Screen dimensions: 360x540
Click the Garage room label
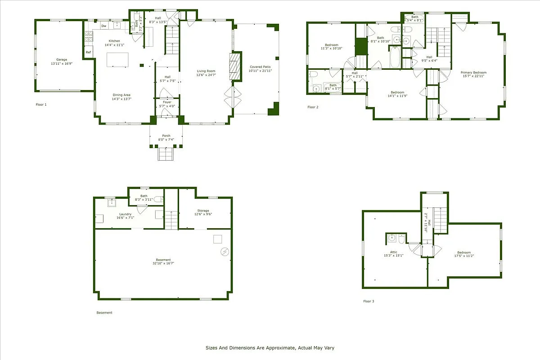pos(61,59)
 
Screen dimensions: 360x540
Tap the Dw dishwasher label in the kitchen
pos(103,26)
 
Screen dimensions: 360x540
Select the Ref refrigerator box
pos(88,53)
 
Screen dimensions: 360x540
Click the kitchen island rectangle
pos(117,60)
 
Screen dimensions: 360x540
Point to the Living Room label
pos(206,71)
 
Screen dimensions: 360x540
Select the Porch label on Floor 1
pos(166,135)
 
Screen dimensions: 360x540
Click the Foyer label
pos(167,102)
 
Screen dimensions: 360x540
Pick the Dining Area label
pos(121,95)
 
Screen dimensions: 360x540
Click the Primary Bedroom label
pos(473,72)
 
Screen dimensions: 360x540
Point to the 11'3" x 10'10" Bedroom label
pos(331,45)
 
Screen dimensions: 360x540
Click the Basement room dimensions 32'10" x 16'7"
pos(163,263)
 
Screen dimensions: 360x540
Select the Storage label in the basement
pos(203,210)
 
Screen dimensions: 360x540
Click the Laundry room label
pos(125,214)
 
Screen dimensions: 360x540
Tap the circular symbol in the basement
pos(225,252)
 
